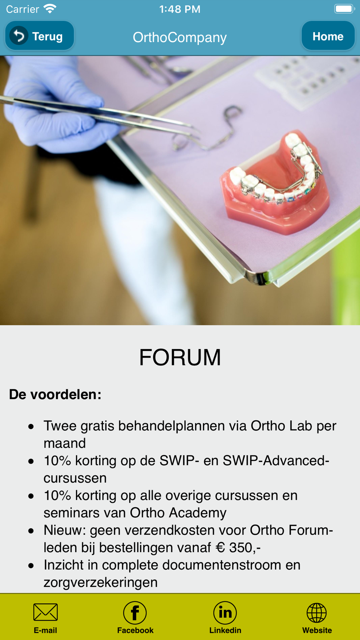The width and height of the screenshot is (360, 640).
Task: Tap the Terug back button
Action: click(40, 36)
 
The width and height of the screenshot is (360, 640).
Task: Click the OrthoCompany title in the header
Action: click(180, 37)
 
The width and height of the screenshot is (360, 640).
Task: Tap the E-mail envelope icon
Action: click(45, 612)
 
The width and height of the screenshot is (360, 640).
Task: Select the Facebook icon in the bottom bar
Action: click(135, 613)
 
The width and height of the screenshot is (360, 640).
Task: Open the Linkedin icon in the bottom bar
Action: click(225, 613)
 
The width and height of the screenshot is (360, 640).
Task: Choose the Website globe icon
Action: click(317, 613)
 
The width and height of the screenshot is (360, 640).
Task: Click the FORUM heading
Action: click(180, 357)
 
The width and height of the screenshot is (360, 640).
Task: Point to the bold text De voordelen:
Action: click(55, 395)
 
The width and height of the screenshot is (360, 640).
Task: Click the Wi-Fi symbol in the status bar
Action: click(50, 9)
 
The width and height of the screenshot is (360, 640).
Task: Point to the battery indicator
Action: click(345, 9)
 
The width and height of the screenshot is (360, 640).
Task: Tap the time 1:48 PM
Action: click(180, 9)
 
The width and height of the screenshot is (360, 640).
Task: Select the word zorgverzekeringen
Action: click(100, 582)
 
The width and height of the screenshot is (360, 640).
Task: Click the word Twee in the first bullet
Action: click(60, 426)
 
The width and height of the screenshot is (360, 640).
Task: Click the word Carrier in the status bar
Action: click(22, 9)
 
